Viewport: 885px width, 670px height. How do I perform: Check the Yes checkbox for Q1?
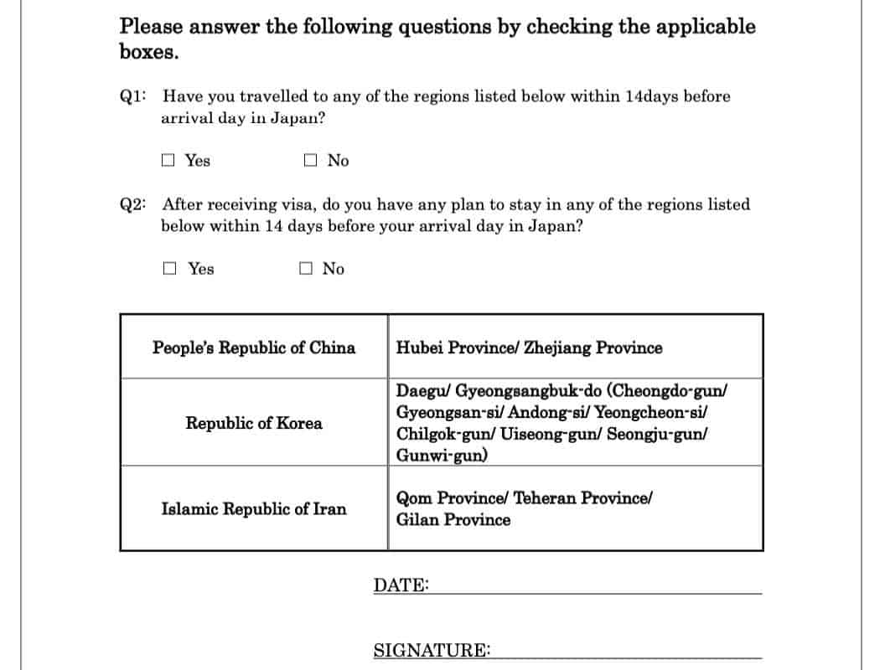pos(168,160)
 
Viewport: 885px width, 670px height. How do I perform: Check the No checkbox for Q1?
pos(311,160)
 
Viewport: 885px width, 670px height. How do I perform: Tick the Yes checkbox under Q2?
pos(170,268)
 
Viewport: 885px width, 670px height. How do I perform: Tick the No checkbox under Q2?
pos(306,268)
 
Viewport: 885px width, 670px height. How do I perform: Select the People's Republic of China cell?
pos(254,348)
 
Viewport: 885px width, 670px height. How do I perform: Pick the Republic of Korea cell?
pos(254,423)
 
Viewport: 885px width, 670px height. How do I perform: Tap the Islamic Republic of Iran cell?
pos(254,508)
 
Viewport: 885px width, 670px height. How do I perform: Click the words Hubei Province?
pos(455,348)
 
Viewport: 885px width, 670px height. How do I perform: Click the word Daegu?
pos(422,390)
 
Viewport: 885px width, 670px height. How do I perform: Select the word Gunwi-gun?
pos(442,456)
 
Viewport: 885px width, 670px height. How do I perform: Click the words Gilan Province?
pos(453,519)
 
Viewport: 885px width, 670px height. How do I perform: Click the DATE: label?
pos(401,585)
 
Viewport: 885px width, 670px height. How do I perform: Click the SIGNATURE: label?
pos(432,651)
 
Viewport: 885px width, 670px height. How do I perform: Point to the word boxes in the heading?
pos(148,51)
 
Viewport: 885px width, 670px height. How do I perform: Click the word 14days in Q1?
pos(652,96)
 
